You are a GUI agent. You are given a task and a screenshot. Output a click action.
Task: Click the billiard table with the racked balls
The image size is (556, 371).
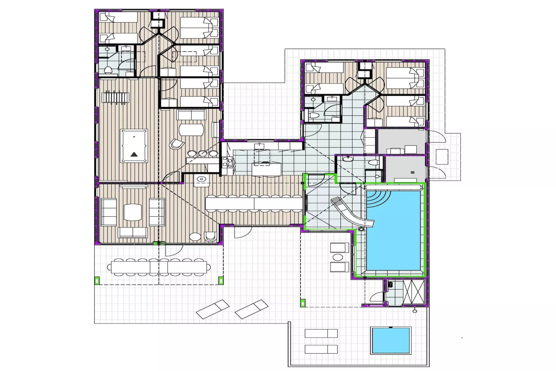[x=134, y=146]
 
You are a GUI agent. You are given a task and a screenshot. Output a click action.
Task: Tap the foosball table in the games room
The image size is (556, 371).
[x=115, y=97]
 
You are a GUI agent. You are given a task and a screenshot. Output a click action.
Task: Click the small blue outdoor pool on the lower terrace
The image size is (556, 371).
[x=391, y=340]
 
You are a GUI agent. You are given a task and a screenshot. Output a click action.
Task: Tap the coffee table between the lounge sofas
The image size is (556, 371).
[x=133, y=212]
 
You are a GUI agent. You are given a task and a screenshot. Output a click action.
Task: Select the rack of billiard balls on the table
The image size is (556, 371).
[x=134, y=154]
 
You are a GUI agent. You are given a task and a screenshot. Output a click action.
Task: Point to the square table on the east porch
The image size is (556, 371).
[x=442, y=157]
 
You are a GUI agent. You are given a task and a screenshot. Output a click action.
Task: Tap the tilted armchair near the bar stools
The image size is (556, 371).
[x=177, y=144]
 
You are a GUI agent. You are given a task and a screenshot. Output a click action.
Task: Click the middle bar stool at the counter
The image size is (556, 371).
[x=202, y=153]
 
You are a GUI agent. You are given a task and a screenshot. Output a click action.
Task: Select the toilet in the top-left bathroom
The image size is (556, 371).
[x=108, y=70]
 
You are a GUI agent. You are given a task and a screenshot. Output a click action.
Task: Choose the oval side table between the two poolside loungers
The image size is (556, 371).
[x=337, y=258]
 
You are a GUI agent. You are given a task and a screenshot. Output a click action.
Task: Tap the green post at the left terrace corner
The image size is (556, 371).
[x=97, y=281]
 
